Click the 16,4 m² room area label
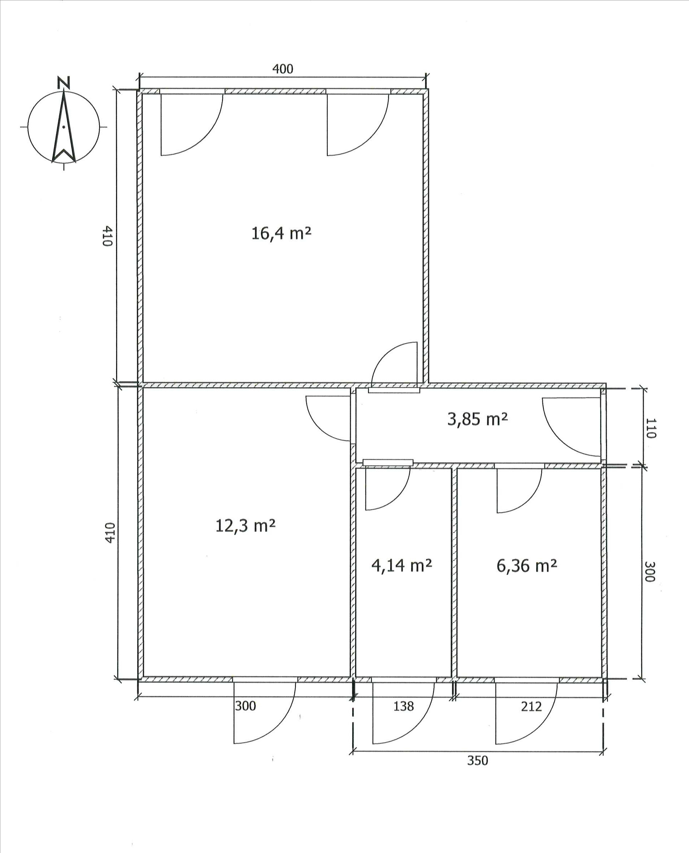point(281,233)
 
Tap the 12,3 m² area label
point(245,526)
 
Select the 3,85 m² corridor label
point(477,419)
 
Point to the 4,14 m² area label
point(402,565)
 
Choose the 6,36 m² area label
point(527,565)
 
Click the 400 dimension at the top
point(283,69)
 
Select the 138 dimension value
point(404,706)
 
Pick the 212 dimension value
point(531,706)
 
